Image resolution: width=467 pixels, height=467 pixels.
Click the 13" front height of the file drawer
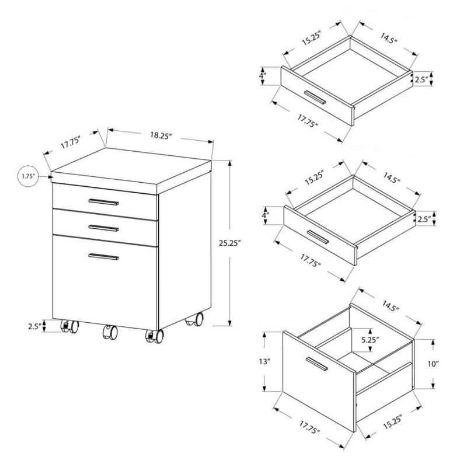click(266, 363)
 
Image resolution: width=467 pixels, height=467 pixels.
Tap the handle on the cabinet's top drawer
click(104, 202)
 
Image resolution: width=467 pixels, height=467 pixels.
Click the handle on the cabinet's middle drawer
click(104, 227)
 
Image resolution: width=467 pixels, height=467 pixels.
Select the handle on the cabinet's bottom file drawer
click(104, 256)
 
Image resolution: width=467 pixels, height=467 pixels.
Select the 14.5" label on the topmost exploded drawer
click(386, 41)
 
